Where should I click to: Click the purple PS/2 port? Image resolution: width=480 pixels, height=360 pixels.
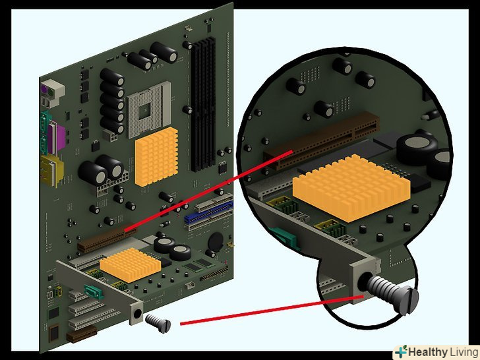coord(44,90)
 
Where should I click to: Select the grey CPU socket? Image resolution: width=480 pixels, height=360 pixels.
coord(149,109)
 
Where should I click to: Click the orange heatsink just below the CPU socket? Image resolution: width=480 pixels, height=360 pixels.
coord(156,157)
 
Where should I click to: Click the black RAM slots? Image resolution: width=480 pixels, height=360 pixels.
coord(203,104)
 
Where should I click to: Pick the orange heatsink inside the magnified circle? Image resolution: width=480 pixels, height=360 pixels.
coord(351,187)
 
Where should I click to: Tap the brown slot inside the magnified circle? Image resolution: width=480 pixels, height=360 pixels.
coord(322,140)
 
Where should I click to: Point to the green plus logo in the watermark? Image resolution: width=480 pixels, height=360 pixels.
coord(401,351)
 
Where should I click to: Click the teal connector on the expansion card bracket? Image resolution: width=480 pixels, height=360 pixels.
coord(94,291)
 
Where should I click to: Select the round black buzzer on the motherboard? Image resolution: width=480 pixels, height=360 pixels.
coord(216,241)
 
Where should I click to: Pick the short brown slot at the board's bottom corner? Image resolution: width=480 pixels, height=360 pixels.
coord(82,334)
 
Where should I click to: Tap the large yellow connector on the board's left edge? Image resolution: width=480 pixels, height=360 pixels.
coord(51,170)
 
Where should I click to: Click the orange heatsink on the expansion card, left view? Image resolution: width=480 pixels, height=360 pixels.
coord(131,265)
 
